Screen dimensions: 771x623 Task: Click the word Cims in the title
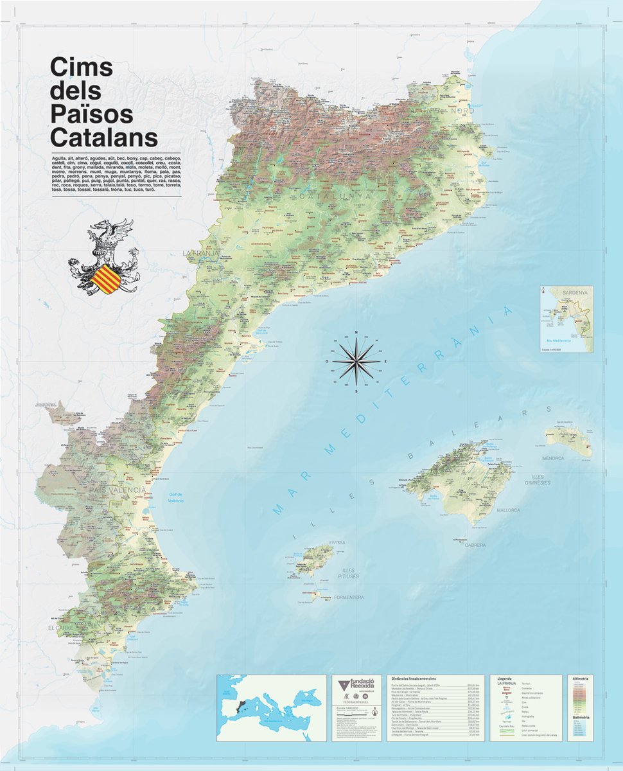82,67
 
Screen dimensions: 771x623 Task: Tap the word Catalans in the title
104,138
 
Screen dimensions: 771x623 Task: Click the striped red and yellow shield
106,278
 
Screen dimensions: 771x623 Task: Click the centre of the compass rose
356,362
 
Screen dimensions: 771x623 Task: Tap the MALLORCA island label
508,510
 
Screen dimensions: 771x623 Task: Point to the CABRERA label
475,545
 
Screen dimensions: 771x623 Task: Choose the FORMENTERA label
349,598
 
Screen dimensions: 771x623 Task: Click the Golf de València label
176,497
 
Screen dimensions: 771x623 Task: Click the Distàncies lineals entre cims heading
419,678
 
